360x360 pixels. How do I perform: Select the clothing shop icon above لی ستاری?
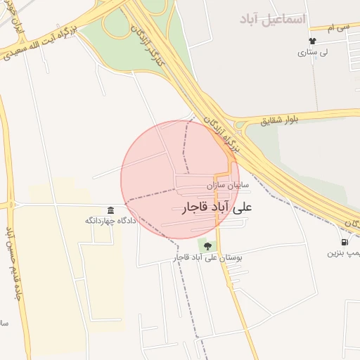click(312, 40)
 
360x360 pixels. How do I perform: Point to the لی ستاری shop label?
click(312, 52)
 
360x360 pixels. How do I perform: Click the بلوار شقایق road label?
click(280, 121)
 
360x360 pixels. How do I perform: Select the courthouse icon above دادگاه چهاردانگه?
click(111, 211)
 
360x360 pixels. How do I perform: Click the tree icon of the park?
click(207, 245)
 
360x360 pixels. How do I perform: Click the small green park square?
click(207, 245)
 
